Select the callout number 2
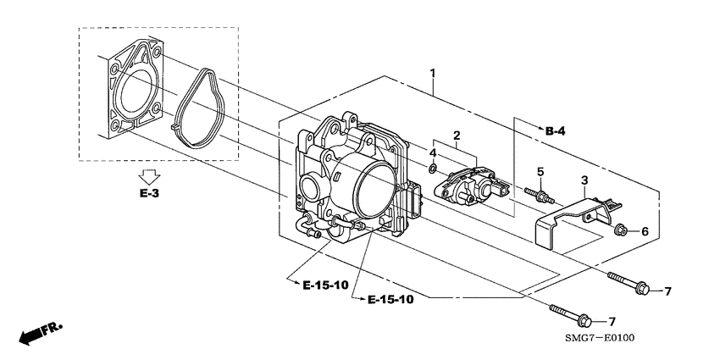coord(456,136)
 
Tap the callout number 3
coord(583,180)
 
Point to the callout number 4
coord(432,153)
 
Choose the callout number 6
coord(643,231)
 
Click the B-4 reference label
coord(555,130)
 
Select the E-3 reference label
coord(149,195)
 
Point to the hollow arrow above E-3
coord(149,177)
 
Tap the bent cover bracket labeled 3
coord(568,222)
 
